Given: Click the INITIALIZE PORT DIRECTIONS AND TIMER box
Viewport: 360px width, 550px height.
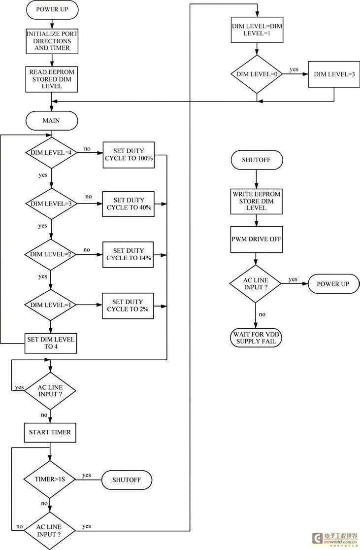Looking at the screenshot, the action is point(52,41).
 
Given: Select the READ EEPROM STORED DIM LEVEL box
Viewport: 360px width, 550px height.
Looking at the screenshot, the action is point(52,79).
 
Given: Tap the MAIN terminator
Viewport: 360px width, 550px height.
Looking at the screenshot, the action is point(52,121).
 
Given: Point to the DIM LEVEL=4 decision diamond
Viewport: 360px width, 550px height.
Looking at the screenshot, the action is point(52,153).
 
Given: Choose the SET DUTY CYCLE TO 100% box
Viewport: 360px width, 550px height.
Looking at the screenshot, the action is point(129,155).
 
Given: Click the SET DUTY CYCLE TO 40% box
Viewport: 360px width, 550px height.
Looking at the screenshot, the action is point(129,204).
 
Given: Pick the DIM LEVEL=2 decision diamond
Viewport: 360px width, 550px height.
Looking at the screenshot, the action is point(50,254).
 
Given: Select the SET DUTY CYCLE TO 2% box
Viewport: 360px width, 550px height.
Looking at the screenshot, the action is point(128,306).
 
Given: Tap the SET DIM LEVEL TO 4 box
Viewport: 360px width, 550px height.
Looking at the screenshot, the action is point(51,343).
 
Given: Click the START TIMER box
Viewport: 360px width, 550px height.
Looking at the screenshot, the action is point(50,433).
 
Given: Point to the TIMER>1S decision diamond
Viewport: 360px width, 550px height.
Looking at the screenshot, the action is point(50,479).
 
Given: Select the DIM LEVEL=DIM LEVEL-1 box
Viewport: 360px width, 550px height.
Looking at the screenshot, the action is point(257,30).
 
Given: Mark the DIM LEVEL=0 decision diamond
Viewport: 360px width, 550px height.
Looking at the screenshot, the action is point(257,74).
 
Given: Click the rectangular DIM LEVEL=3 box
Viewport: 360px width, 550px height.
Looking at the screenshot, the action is point(334,74).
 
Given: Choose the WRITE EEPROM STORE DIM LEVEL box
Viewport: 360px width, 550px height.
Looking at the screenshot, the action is point(256,202).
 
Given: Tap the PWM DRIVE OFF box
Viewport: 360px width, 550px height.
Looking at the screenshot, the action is point(256,240).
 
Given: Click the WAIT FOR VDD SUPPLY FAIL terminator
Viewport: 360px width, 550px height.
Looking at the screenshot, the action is point(256,338).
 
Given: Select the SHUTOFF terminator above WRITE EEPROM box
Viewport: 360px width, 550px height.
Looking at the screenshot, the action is point(257,160).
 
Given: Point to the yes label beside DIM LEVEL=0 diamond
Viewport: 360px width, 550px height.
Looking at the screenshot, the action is point(294,69).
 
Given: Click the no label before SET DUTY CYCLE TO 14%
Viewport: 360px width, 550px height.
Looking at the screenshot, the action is point(87,250).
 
